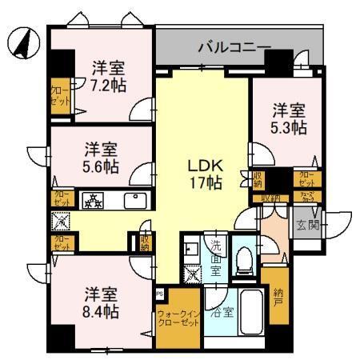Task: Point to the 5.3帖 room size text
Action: click(x=289, y=127)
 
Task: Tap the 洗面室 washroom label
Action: click(x=216, y=258)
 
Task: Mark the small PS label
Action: click(x=160, y=294)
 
